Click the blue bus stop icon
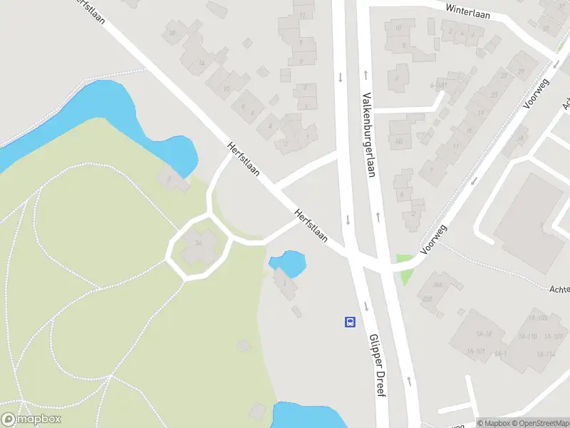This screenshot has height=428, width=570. point(350,322)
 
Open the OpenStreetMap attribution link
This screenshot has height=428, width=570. point(541,423)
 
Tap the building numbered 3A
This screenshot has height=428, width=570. point(199,243)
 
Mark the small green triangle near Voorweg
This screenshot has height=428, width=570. point(404,267)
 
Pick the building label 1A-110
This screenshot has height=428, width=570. point(527,336)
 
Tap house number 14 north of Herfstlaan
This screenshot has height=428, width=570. point(202,63)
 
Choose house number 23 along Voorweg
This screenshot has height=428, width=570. point(493,94)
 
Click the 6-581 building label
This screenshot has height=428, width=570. point(438,85)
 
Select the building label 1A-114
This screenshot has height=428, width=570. point(546,355)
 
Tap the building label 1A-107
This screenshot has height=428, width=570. point(554,336)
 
